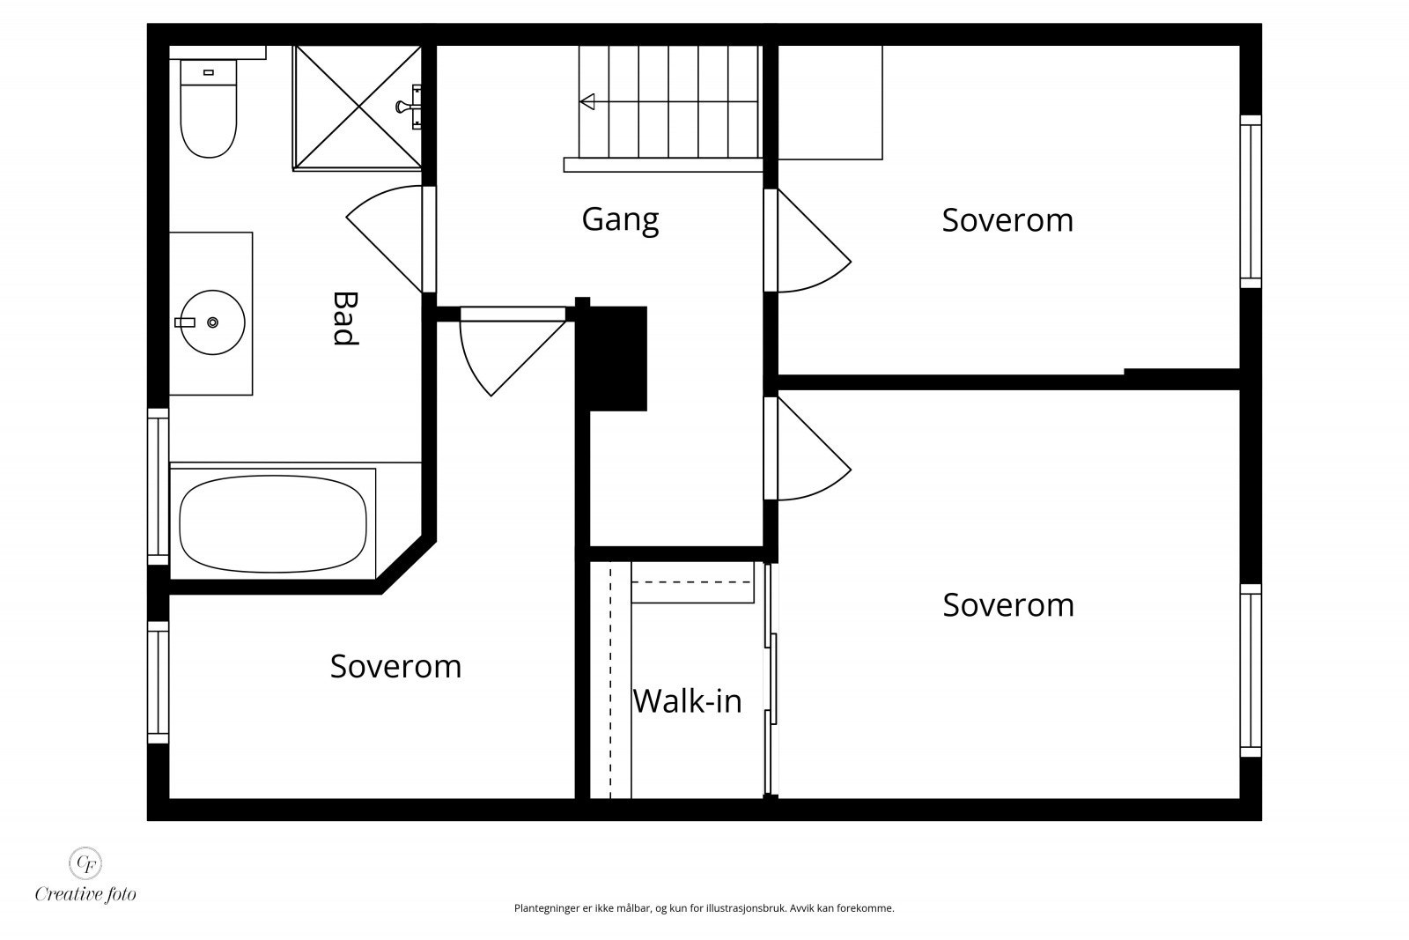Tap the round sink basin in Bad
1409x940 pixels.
pos(212,322)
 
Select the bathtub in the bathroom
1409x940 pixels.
pos(272,523)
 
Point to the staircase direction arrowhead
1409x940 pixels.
pos(587,101)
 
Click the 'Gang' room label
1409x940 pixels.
pos(620,220)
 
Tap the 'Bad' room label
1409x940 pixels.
pos(345,318)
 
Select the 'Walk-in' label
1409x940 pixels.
pos(687,701)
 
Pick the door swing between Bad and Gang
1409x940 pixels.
pos(385,238)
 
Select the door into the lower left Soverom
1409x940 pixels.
pos(513,351)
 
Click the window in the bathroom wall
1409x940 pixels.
pos(158,486)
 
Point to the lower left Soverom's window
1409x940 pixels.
pos(158,683)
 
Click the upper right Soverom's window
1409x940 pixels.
pos(1251,202)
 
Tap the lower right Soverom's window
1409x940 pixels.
pos(1251,670)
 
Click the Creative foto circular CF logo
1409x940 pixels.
pos(85,863)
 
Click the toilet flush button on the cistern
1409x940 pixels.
pos(209,72)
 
